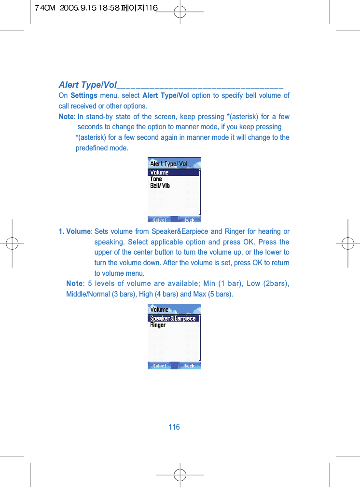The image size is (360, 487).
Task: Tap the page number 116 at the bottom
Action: pos(174,427)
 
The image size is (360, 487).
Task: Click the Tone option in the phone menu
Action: pos(156,179)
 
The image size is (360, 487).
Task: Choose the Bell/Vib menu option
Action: pos(160,186)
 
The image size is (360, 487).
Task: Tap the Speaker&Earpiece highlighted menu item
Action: pos(173,318)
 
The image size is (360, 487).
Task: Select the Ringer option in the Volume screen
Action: pos(158,325)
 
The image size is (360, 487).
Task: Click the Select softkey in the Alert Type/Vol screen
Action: pos(160,220)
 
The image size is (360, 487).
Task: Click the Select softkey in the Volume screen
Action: pos(160,366)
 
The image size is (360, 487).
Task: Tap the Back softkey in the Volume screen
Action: pos(190,366)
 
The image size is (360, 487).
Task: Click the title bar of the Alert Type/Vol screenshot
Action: pos(174,163)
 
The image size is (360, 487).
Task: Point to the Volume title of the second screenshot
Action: pos(160,310)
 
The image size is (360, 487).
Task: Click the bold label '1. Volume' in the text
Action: pos(74,231)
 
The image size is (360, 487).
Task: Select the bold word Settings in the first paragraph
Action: pos(84,95)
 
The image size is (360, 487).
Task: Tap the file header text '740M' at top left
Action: pos(43,9)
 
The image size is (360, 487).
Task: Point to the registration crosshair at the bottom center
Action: pos(180,474)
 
